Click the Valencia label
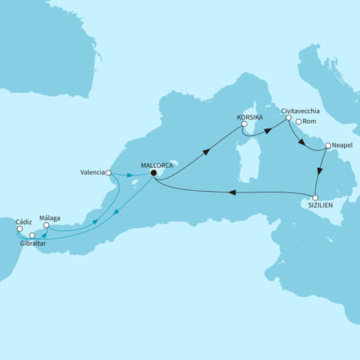92,172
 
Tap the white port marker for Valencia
108,172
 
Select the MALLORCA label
157,166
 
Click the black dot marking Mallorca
153,175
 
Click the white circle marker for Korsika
243,124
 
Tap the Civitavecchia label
301,111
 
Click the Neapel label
344,145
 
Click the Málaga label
50,218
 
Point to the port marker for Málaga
46,226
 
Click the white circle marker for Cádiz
20,228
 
